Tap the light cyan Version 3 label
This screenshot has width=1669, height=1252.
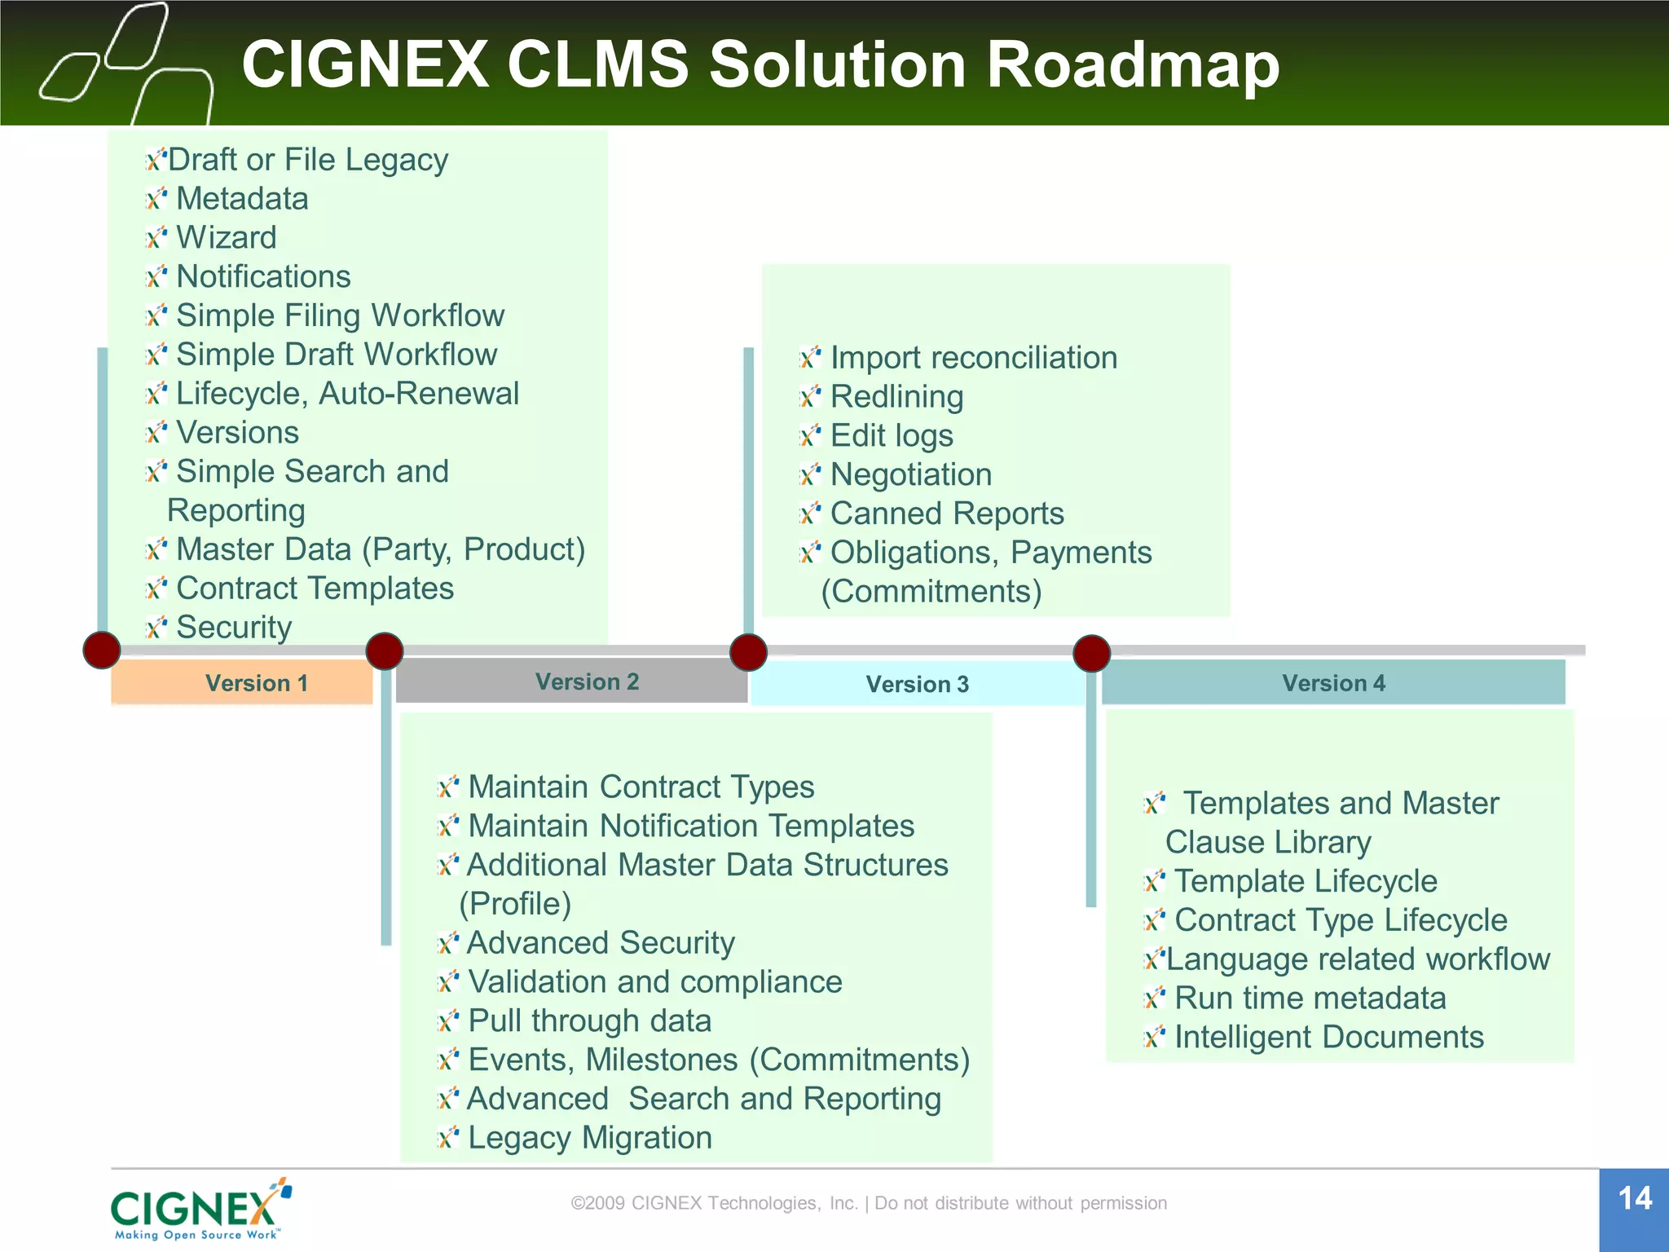917,684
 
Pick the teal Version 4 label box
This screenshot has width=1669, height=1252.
1333,682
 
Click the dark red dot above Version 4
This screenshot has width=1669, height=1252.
1091,653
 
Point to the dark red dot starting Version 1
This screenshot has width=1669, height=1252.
102,650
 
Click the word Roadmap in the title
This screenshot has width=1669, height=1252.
1133,64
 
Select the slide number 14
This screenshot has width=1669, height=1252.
1634,1199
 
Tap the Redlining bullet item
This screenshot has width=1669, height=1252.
896,397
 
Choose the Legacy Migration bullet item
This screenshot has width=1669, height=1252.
589,1137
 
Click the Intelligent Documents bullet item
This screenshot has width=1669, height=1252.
1328,1037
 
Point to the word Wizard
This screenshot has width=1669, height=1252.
227,237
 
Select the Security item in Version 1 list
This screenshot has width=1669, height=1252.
234,627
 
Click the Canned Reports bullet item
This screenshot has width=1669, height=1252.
946,514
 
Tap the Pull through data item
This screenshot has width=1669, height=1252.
589,1021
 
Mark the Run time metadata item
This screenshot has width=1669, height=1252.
1310,998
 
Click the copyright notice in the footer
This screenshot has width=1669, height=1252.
869,1203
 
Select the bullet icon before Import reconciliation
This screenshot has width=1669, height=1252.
809,357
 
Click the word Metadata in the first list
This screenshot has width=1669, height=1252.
242,199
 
